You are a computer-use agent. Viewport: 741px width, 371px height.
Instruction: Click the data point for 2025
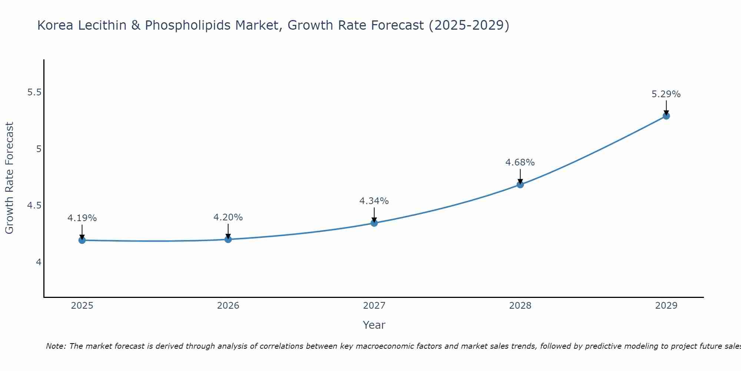82,240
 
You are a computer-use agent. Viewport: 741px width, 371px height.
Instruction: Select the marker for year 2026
228,239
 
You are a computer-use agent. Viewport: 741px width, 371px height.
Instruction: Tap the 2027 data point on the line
374,223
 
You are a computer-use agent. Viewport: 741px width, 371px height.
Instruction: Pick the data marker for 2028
520,184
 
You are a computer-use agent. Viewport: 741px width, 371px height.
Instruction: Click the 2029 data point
666,116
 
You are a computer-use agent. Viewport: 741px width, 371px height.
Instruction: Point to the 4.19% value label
82,218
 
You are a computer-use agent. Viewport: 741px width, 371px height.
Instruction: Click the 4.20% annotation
228,217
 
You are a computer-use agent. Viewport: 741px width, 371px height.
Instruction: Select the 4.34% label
374,201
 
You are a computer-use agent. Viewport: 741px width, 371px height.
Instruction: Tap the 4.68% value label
520,162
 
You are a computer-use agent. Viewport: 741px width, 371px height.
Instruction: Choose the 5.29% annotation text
666,94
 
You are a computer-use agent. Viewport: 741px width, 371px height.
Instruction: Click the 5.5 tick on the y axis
34,92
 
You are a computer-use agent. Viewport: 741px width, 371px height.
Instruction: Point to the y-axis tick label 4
39,262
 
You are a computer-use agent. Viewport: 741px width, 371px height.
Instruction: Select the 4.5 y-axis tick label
34,206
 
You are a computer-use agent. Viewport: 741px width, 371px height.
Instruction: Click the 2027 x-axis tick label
374,306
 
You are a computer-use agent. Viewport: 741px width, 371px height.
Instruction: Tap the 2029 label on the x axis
666,306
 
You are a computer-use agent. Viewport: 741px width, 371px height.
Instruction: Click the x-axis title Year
374,325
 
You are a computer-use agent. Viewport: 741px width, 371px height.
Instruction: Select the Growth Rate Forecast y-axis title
9,178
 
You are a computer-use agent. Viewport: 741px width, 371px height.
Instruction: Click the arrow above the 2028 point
520,176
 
